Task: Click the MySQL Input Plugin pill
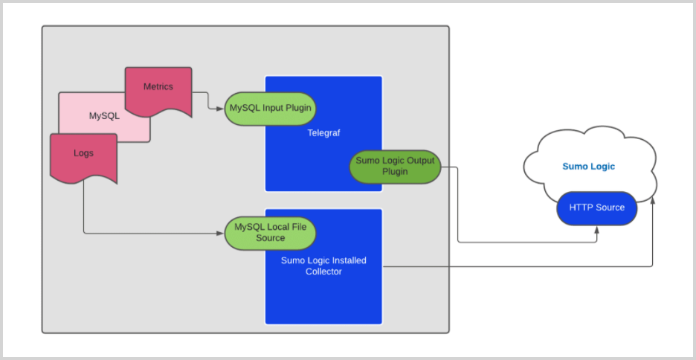(271, 108)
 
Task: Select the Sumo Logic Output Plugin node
(395, 167)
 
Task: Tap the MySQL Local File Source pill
(271, 233)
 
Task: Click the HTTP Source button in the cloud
(597, 208)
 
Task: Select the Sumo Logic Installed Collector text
(323, 266)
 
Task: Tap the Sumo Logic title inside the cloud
(589, 167)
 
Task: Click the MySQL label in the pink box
(104, 116)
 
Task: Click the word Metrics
(158, 87)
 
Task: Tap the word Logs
(83, 153)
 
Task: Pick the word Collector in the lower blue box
(323, 271)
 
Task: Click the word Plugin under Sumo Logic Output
(395, 172)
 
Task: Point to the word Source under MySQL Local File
(271, 238)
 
